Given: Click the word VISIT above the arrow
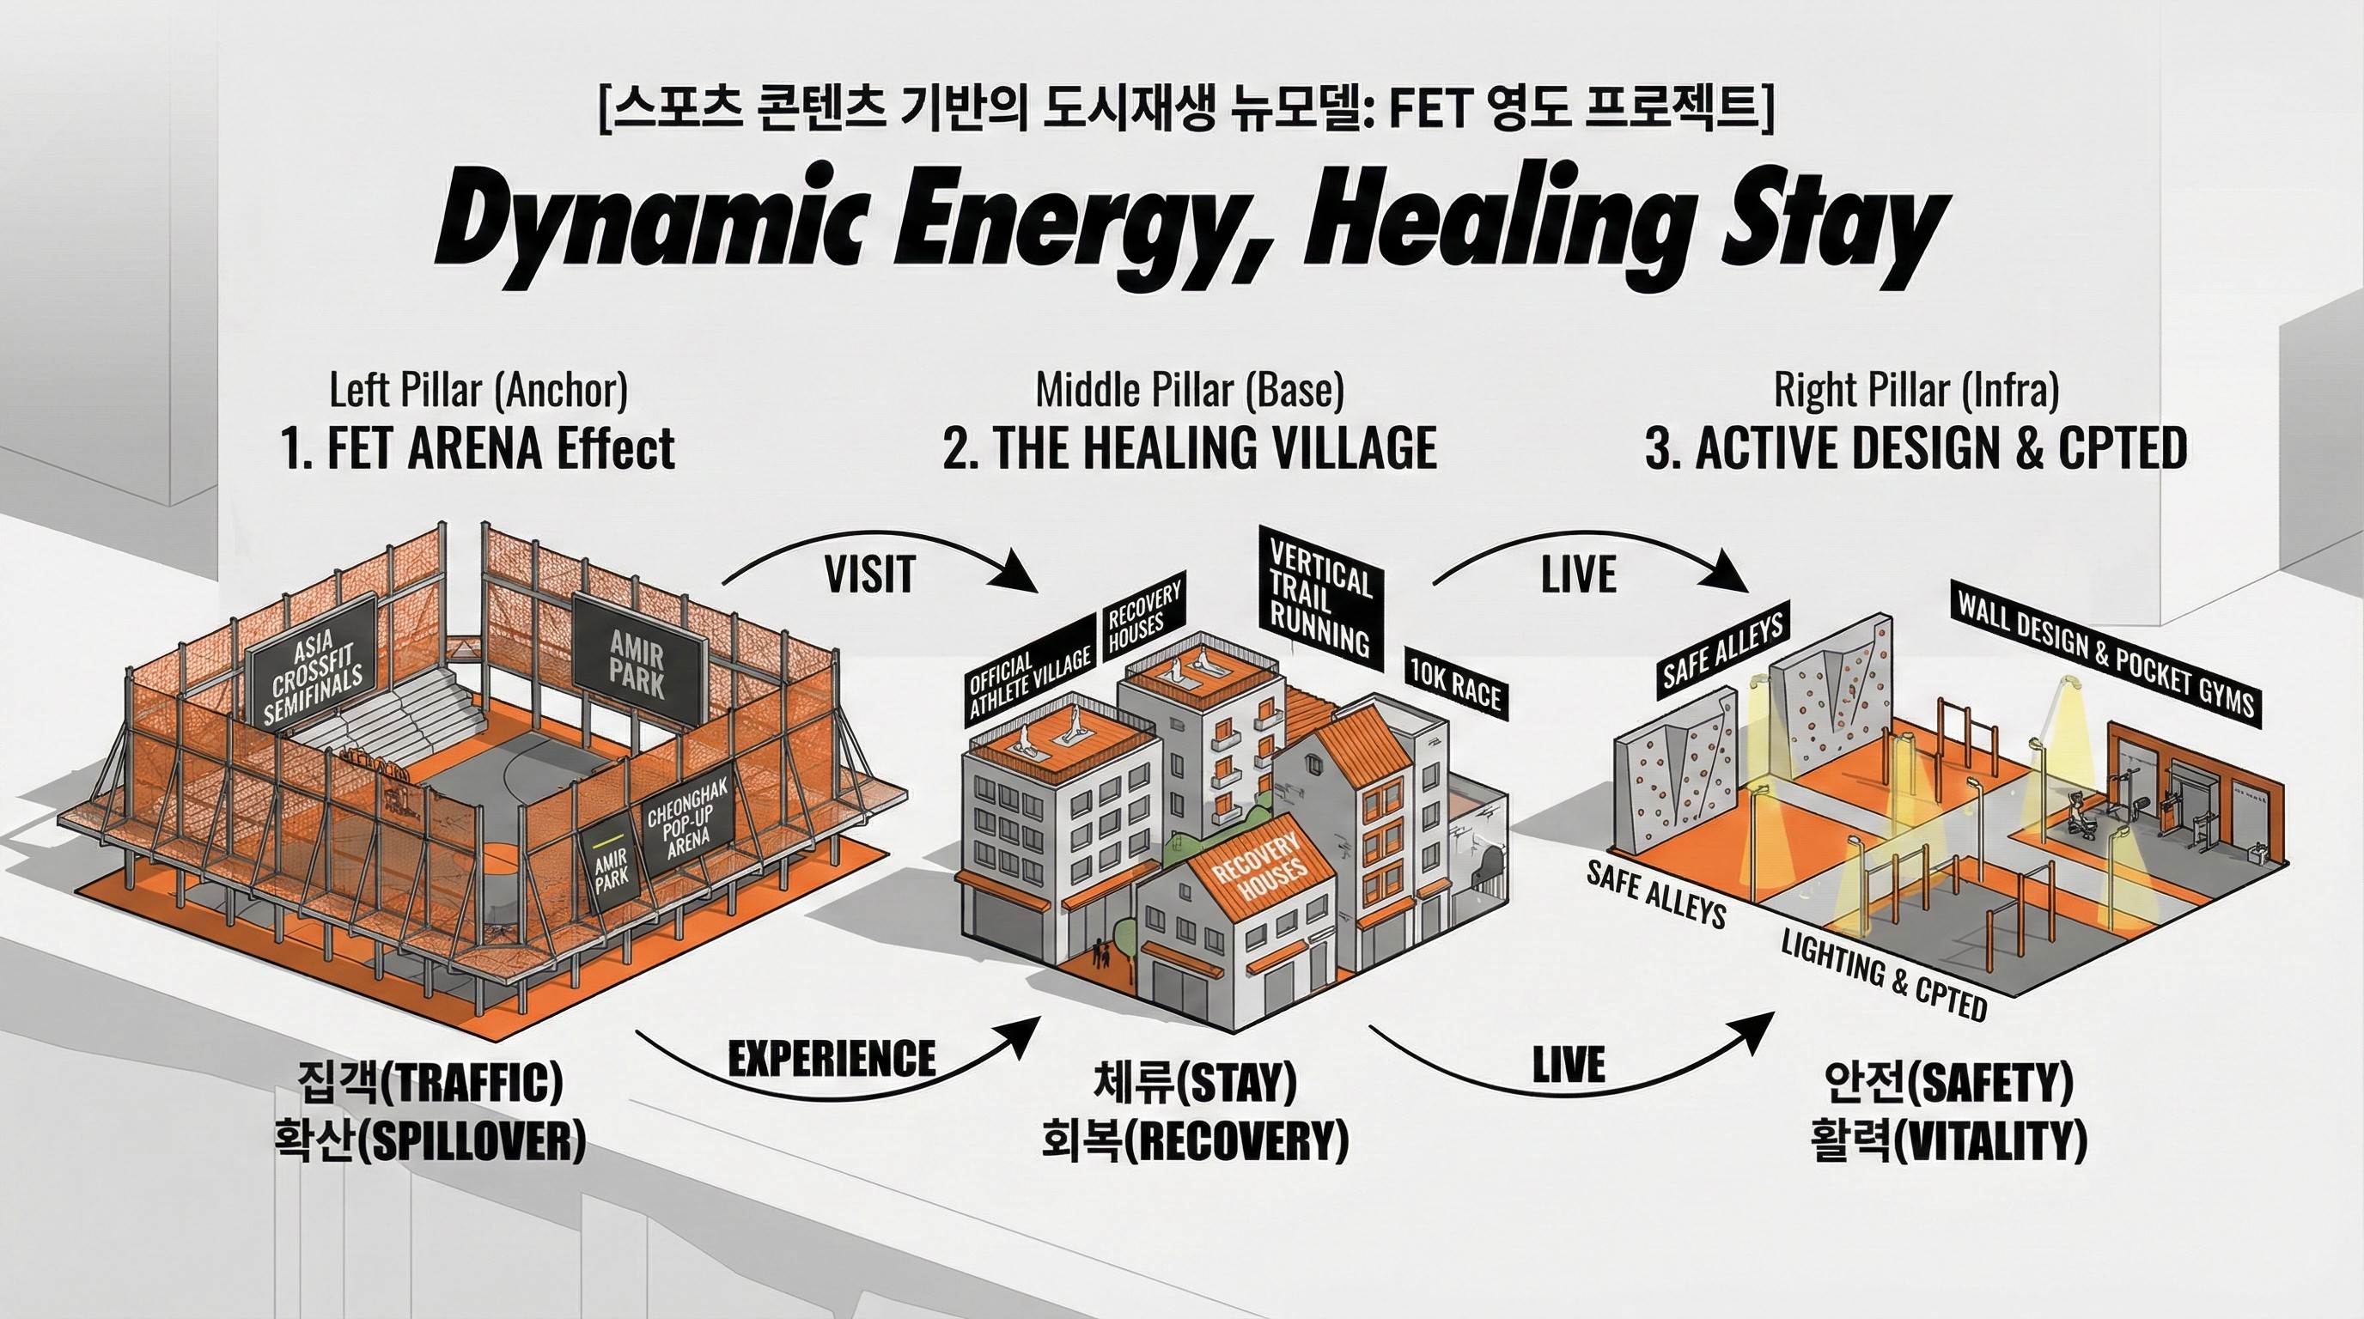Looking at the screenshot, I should pyautogui.click(x=869, y=575).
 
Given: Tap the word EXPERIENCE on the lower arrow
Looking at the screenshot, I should pyautogui.click(x=832, y=1060).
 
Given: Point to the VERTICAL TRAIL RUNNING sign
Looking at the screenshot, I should pyautogui.click(x=1319, y=595).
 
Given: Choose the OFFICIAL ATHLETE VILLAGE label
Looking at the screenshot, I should pyautogui.click(x=1030, y=678).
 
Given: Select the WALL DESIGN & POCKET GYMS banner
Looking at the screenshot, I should pyautogui.click(x=2105, y=653).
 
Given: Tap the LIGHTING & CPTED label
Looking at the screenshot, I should pyautogui.click(x=1883, y=974).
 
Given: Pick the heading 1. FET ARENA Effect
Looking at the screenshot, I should pyautogui.click(x=478, y=449).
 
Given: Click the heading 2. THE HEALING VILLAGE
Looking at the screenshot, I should pyautogui.click(x=1190, y=448).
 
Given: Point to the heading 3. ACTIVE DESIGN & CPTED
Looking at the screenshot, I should pyautogui.click(x=1916, y=448).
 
